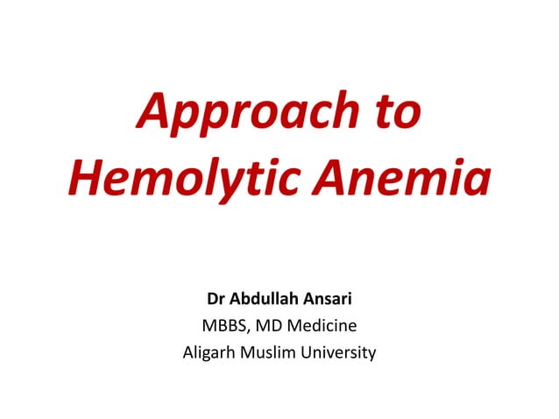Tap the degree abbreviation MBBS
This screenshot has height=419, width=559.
coord(225,327)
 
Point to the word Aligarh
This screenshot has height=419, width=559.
coord(209,354)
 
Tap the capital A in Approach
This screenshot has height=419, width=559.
coord(153,114)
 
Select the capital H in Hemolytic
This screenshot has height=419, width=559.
coord(85,179)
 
